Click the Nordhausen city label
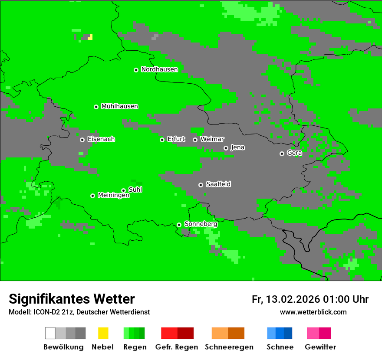point(159,69)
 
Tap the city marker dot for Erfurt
point(162,140)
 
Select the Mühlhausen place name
point(119,106)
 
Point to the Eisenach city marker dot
point(82,140)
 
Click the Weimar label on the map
point(212,139)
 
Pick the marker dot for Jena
point(226,148)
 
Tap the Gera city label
point(294,153)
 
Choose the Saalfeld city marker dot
point(201,185)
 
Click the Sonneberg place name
point(201,224)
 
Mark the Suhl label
point(135,190)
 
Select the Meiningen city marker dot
point(92,196)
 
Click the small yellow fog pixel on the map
point(90,37)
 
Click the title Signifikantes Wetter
point(72,299)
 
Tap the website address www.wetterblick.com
point(313,312)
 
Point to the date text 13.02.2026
point(293,299)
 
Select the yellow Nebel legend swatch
point(103,333)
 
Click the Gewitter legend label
point(320,347)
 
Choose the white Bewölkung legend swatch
point(50,333)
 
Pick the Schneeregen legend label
point(229,347)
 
